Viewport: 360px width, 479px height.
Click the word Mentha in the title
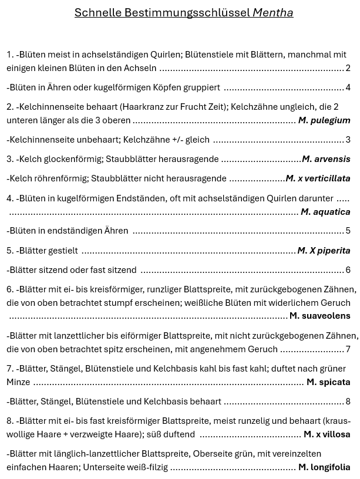(x=272, y=12)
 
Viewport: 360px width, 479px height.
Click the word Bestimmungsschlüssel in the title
(x=187, y=12)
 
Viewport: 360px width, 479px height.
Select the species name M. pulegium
(x=324, y=120)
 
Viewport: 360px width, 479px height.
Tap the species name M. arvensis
(x=326, y=159)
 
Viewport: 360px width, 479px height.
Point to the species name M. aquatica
(x=325, y=212)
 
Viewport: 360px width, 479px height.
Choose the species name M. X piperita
(x=324, y=251)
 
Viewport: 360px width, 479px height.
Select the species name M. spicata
(x=328, y=382)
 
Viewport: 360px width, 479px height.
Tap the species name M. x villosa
(x=327, y=434)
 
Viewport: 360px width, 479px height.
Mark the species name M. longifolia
(x=324, y=468)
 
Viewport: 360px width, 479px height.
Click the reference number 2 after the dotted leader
(x=348, y=69)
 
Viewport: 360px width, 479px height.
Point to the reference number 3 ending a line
(x=348, y=140)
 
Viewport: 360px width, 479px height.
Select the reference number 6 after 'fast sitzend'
(x=348, y=270)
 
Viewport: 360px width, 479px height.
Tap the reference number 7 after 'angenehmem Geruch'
(x=348, y=349)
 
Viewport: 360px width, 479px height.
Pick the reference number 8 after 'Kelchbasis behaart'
(x=348, y=402)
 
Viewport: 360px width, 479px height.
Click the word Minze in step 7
(x=18, y=382)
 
